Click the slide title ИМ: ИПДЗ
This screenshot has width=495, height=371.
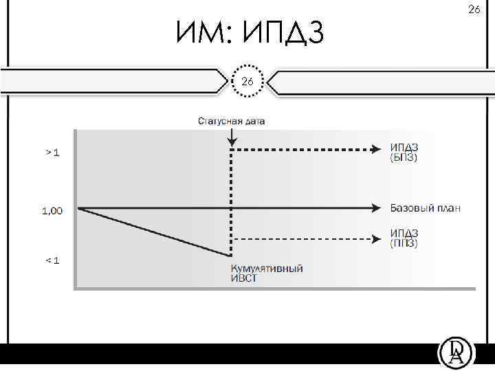248,32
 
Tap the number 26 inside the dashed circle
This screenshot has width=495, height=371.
247,81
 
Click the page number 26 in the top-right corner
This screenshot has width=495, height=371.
474,9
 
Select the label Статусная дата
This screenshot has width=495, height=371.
232,122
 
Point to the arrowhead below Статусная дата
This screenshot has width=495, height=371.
232,143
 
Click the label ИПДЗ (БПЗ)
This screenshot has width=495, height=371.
404,153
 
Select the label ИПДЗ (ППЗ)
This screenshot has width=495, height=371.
404,238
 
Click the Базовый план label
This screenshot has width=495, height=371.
425,207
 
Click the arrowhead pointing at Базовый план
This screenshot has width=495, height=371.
375,207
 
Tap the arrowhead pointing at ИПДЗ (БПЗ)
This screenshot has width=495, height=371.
375,148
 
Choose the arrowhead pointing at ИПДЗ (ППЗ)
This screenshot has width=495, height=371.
375,239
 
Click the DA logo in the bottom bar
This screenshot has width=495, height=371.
456,353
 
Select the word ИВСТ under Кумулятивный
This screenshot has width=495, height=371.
244,278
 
